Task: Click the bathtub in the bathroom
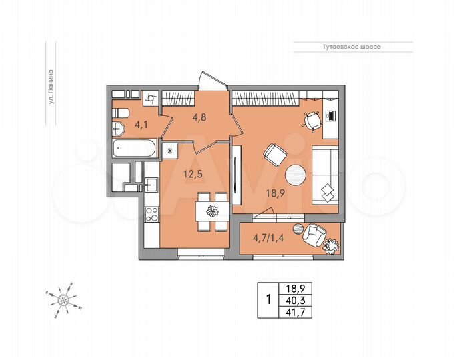point(134,149)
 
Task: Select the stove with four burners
point(151,215)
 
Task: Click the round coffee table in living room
point(296,175)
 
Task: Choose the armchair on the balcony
point(314,235)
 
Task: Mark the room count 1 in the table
point(268,299)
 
